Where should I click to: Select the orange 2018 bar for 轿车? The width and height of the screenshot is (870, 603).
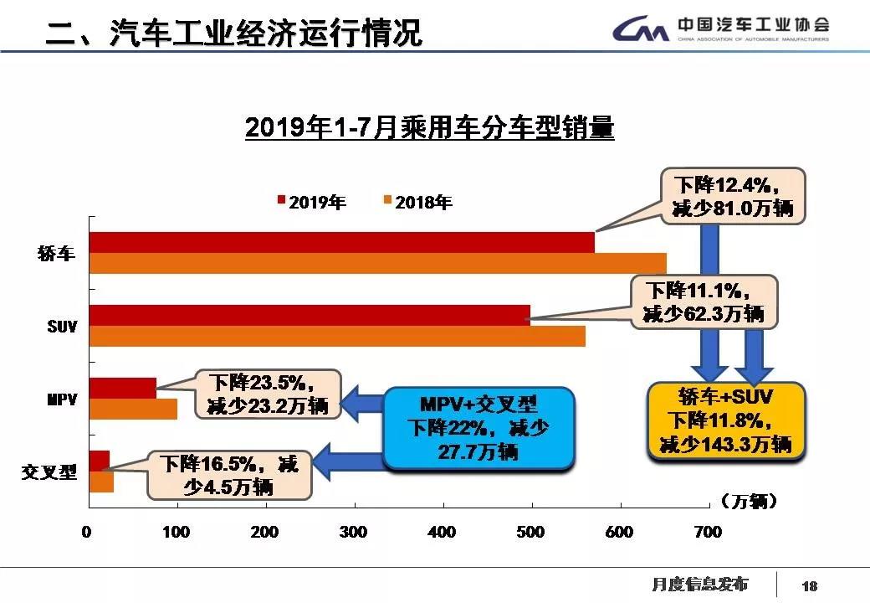tap(377, 263)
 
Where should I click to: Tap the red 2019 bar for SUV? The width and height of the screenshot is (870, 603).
tap(310, 315)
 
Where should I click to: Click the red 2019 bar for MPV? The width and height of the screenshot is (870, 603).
tap(122, 388)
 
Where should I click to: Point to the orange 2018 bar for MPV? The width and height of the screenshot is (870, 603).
tap(133, 409)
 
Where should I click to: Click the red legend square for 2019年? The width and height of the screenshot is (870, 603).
tap(281, 201)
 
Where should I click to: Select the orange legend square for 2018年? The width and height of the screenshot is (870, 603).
tap(387, 201)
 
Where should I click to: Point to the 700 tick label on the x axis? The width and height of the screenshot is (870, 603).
tap(708, 532)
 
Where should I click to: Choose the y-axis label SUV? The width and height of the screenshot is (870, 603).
tap(62, 327)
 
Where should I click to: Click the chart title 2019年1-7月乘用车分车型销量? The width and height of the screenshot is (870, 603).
tap(429, 128)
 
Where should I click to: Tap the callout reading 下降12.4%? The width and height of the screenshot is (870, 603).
tap(732, 195)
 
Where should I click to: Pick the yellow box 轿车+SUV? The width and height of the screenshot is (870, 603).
tap(726, 420)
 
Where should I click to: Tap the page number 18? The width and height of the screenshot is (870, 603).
tap(808, 585)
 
